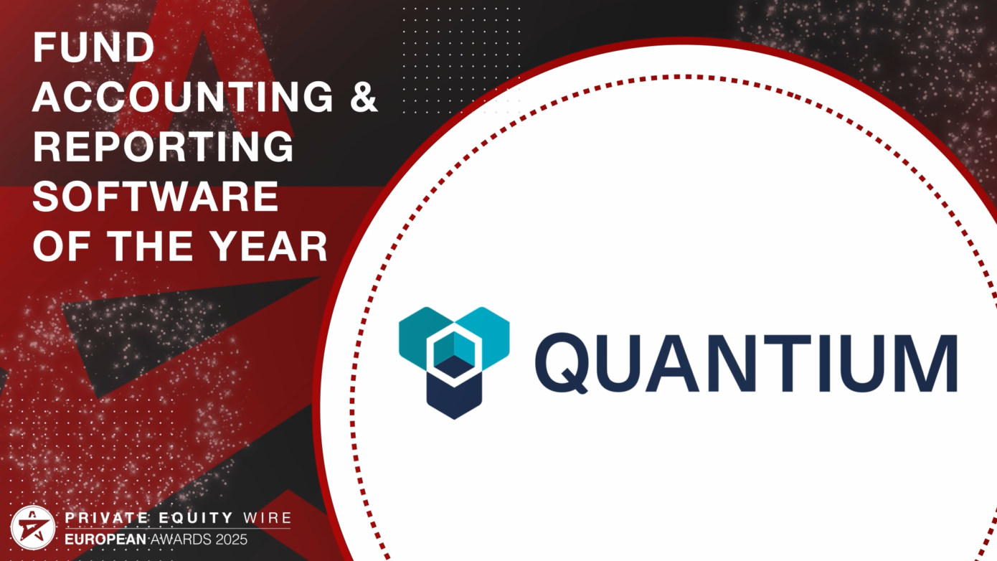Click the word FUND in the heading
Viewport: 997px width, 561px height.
pyautogui.click(x=94, y=48)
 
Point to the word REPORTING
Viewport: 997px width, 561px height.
pyautogui.click(x=164, y=146)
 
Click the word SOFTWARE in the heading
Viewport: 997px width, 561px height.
pyautogui.click(x=156, y=195)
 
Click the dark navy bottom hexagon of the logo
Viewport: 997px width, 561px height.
pyautogui.click(x=454, y=393)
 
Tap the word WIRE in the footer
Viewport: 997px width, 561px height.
pyautogui.click(x=267, y=517)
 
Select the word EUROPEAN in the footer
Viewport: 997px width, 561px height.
pyautogui.click(x=106, y=539)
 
